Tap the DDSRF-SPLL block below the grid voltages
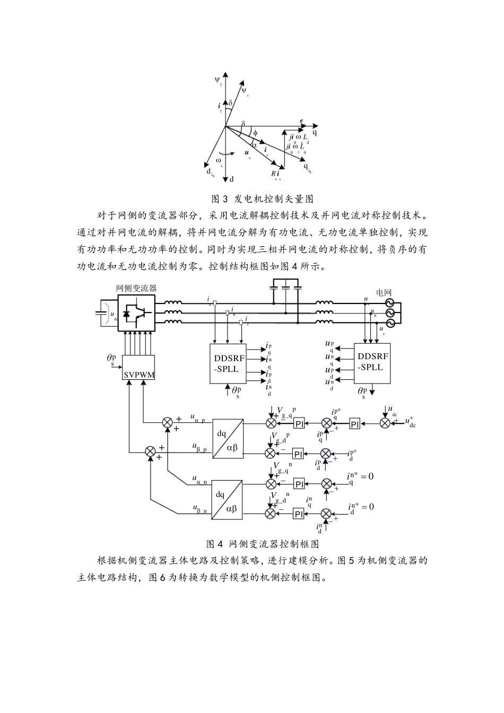coord(372,363)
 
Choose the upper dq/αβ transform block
coord(228,438)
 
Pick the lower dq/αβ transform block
coord(228,499)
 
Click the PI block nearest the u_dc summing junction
coord(355,423)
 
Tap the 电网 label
coord(384,292)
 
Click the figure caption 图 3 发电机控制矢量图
coord(262,199)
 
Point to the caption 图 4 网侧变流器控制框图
coord(262,544)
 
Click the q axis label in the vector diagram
coord(315,132)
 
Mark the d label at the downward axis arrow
coord(232,179)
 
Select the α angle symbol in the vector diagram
coord(254,144)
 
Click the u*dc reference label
coord(410,422)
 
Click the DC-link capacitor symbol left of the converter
coord(100,313)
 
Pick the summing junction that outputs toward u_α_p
coord(167,423)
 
